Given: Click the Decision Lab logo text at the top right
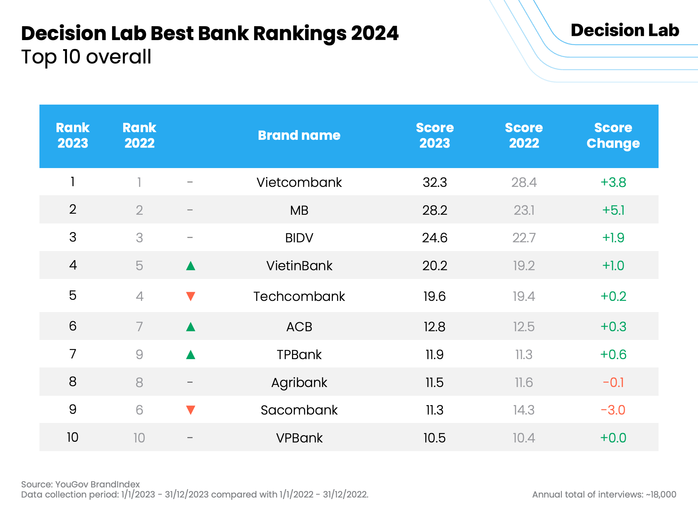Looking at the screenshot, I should coord(625,30).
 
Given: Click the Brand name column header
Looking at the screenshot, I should coord(299,135).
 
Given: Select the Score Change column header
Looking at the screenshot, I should coord(613,136).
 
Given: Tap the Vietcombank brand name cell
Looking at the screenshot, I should coord(299,182).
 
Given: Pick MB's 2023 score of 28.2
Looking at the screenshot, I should coord(435,210).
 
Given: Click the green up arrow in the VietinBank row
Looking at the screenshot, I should coord(191,266).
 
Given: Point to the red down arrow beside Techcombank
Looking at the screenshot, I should coord(191,296).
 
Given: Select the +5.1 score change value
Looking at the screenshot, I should coord(613,210).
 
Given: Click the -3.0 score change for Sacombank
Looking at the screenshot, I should coord(613,410).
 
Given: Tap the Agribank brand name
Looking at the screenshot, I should coord(299,383).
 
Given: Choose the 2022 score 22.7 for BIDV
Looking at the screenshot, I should coord(524,238).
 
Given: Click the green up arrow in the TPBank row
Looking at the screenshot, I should coord(191,355).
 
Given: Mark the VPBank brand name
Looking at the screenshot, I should coord(299,438).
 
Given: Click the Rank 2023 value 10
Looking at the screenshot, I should coord(73,437).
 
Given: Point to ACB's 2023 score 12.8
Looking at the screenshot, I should coord(435,327).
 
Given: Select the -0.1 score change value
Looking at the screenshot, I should coord(613,382).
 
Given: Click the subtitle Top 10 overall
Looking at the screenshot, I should coord(86,57).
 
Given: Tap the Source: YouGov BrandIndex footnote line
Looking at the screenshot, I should coord(80,484).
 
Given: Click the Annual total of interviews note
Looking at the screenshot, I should coord(604,494).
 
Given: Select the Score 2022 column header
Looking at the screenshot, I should coord(524,136).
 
